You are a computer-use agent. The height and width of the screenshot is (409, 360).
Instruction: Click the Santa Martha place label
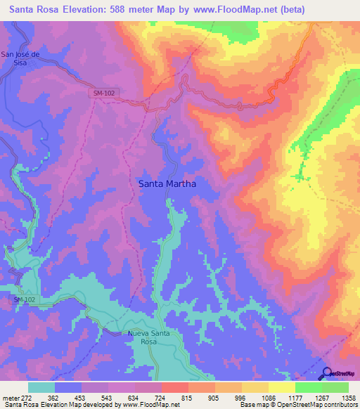point(167,183)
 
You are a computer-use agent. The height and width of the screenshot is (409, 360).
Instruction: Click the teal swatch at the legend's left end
point(41,387)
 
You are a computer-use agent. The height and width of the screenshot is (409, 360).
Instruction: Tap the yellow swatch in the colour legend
point(282,387)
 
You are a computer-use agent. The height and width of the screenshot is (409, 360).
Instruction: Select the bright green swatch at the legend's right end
point(335,387)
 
